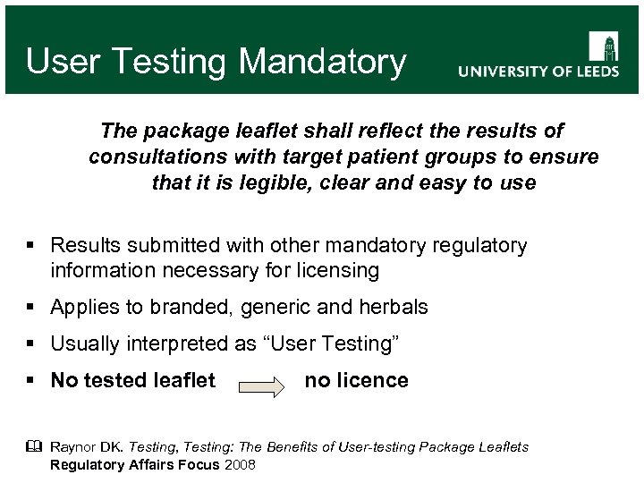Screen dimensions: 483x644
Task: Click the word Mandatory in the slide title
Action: click(323, 62)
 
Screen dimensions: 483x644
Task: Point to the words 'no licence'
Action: click(356, 380)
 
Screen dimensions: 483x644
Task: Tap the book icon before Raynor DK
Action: click(34, 446)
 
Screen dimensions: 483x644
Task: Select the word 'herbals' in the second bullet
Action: click(394, 307)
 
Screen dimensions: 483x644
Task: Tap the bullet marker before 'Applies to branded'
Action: click(32, 308)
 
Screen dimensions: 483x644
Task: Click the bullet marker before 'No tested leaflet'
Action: click(32, 381)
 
